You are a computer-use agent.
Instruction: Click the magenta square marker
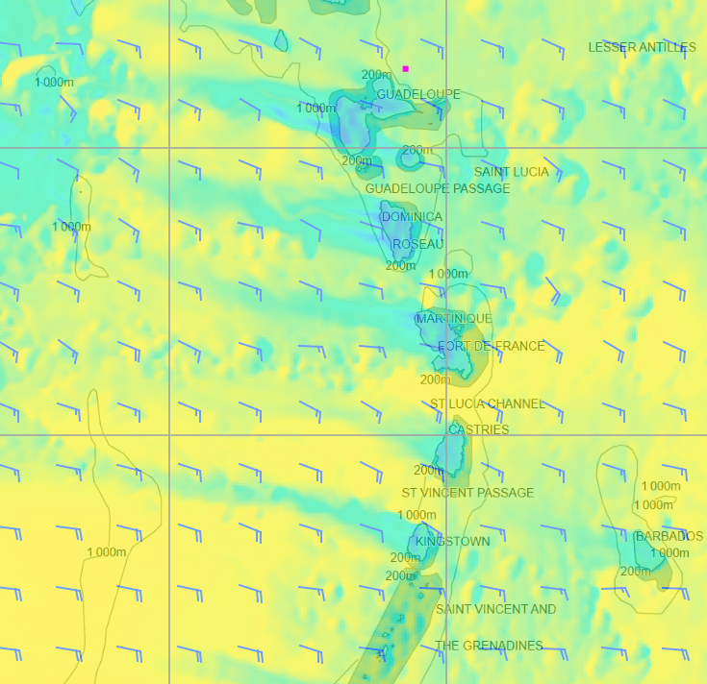pos(406,69)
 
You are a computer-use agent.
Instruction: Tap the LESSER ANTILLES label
pos(642,47)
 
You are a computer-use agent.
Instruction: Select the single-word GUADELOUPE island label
pos(417,94)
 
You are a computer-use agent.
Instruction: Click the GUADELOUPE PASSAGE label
pos(437,188)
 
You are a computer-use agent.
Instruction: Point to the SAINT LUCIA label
pos(511,172)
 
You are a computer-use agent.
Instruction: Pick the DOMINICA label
pos(412,217)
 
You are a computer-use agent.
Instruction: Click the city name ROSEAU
pos(417,244)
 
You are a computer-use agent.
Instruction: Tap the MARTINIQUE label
pos(453,318)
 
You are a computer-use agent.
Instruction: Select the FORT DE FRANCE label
pos(491,346)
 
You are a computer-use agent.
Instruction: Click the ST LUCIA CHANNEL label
pos(487,403)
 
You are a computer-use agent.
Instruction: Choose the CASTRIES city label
pos(478,429)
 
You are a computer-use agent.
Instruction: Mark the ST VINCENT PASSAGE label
pos(467,493)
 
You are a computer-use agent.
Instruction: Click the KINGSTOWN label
pos(452,541)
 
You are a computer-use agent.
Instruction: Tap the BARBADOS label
pos(669,536)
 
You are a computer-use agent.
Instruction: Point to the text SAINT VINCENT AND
pos(495,609)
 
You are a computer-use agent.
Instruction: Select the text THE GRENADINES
pos(489,646)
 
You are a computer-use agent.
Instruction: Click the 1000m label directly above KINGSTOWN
pos(417,516)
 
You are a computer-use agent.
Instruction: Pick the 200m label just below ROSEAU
pos(400,265)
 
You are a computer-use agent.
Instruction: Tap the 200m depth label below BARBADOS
pos(635,571)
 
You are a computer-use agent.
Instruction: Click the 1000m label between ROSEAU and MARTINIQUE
pos(447,274)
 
